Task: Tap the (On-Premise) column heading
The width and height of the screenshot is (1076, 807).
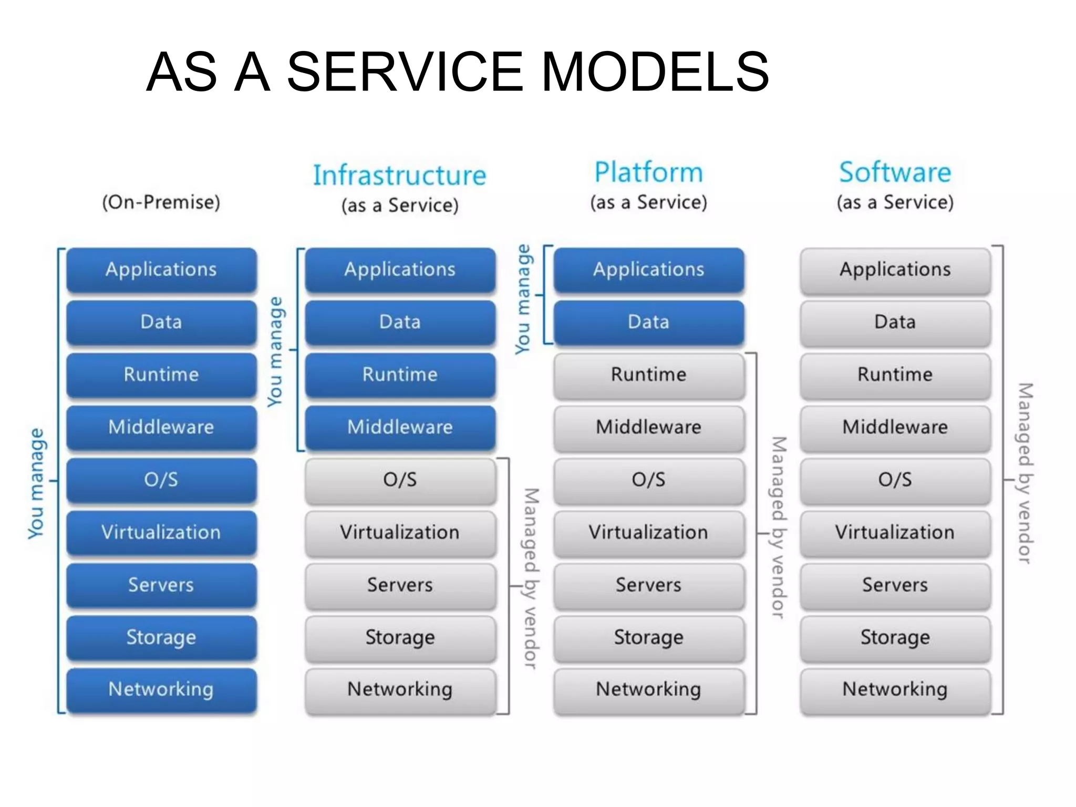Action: click(161, 202)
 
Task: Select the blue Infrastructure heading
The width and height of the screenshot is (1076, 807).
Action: click(399, 175)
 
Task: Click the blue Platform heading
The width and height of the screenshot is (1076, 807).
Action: click(648, 172)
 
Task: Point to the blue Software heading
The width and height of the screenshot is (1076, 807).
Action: click(895, 172)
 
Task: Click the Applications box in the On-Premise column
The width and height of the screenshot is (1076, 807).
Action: click(161, 270)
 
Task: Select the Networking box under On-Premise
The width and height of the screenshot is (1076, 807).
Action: click(161, 689)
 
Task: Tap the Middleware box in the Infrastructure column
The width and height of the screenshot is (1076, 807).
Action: click(400, 427)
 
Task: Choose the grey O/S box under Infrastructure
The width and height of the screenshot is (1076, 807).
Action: click(400, 480)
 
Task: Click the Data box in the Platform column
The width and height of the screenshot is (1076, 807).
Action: click(648, 322)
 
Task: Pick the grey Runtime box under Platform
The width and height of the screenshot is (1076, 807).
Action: click(648, 375)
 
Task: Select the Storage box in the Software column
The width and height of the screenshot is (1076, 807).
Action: click(895, 637)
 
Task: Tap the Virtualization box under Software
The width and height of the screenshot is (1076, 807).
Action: click(895, 532)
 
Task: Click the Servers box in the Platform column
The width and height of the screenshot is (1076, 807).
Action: click(648, 585)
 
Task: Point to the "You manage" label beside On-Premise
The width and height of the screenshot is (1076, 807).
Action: click(36, 483)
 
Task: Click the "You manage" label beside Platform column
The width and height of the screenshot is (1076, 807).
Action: click(523, 299)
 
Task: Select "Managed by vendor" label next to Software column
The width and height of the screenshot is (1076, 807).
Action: click(1025, 473)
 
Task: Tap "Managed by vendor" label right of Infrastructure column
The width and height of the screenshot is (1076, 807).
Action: click(531, 578)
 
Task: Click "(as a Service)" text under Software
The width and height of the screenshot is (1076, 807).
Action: click(895, 202)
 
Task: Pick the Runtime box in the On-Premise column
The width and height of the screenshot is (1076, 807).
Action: click(161, 375)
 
